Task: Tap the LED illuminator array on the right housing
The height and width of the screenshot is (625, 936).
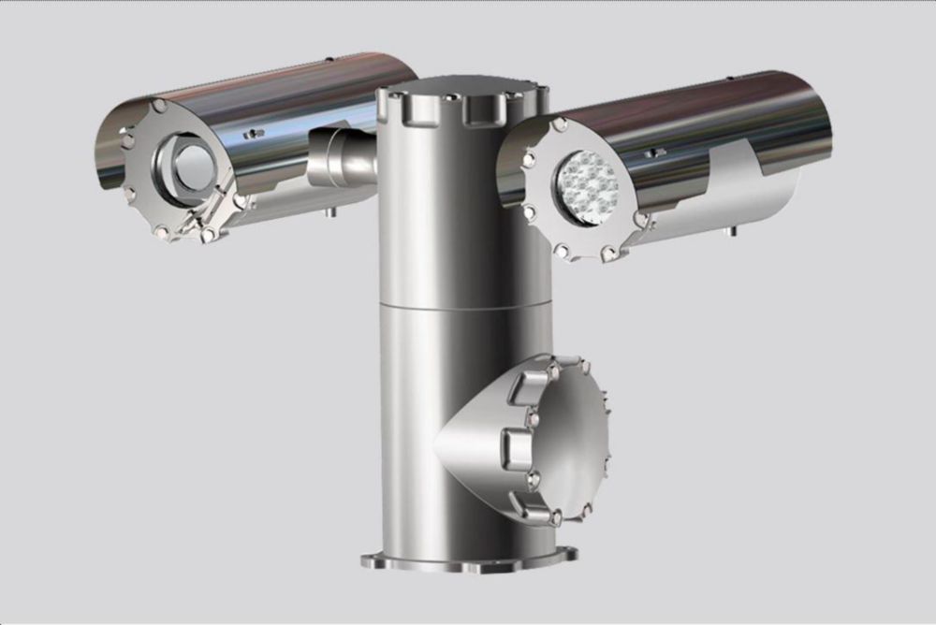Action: [x=588, y=187]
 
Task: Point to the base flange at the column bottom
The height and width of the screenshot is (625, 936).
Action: [x=469, y=561]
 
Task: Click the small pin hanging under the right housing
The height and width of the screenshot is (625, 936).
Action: [x=733, y=229]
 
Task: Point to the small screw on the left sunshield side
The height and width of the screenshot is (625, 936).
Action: [x=252, y=134]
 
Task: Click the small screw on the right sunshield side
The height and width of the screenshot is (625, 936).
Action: [x=659, y=153]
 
